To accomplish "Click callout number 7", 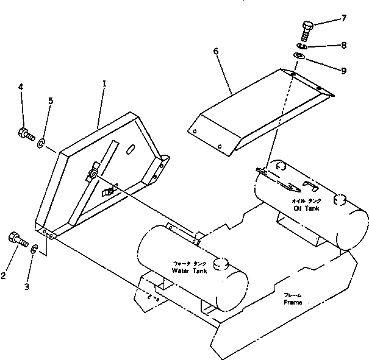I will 344,18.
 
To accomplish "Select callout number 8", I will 344,44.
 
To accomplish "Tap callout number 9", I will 344,71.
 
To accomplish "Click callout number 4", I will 21,87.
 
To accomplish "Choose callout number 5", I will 51,101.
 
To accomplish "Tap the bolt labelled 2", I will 16,239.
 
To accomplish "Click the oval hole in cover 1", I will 132,148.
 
